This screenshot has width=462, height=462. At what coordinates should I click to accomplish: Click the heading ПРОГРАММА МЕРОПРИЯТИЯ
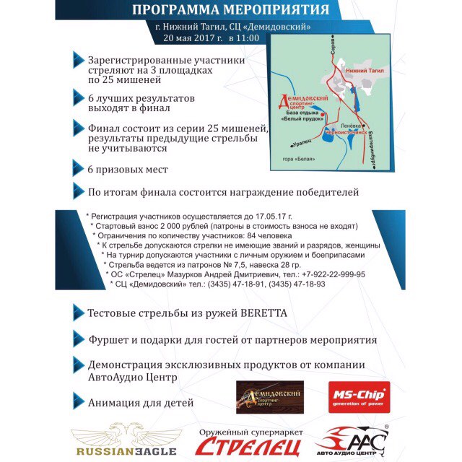tap(232, 11)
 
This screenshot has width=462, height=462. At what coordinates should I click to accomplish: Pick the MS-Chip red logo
tap(359, 397)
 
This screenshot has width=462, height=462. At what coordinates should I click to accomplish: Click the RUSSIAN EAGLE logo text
tap(123, 450)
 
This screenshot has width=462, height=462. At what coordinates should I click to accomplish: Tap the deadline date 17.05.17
tap(274, 216)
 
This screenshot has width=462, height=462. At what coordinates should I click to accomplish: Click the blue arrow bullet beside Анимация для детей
tap(77, 401)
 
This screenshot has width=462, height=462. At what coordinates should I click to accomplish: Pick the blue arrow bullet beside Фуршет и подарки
tap(77, 339)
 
